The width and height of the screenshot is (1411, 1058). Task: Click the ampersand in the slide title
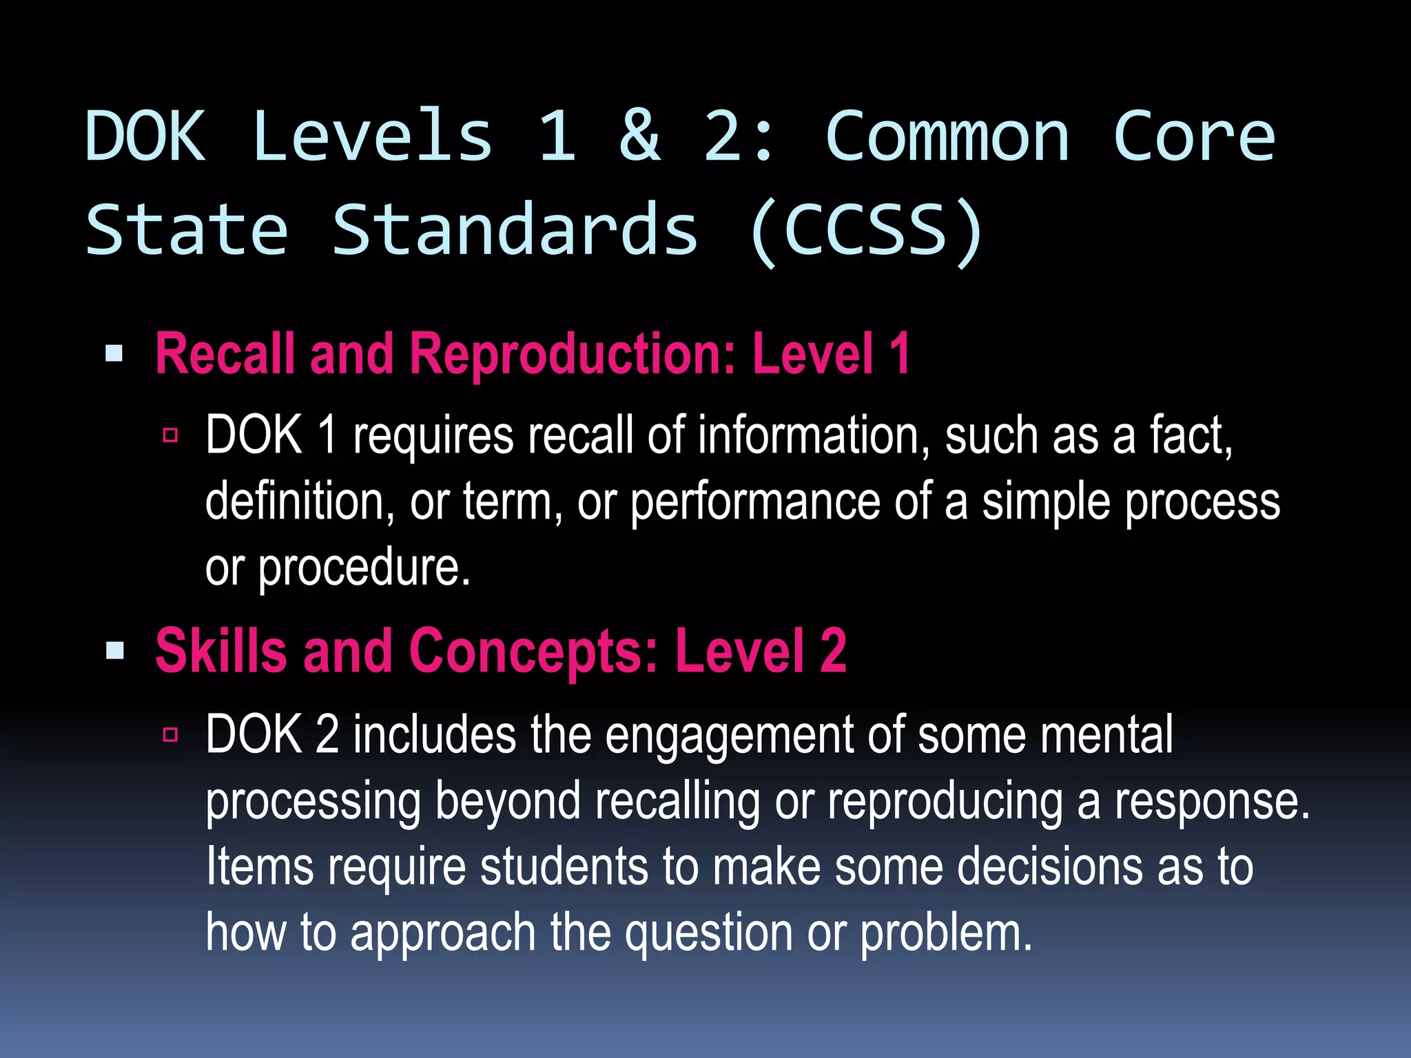point(640,136)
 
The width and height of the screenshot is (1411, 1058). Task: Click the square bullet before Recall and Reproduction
point(114,354)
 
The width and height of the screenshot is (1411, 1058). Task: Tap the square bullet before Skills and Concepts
point(114,650)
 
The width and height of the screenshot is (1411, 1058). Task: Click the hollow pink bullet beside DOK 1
point(171,435)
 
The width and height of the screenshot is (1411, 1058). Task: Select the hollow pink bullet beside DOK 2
point(171,734)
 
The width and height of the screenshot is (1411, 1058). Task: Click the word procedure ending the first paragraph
point(363,568)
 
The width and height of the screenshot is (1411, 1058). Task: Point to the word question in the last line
point(708,933)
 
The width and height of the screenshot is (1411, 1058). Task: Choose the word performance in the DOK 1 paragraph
point(755,502)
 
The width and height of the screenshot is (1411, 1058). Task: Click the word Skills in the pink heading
point(221,650)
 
